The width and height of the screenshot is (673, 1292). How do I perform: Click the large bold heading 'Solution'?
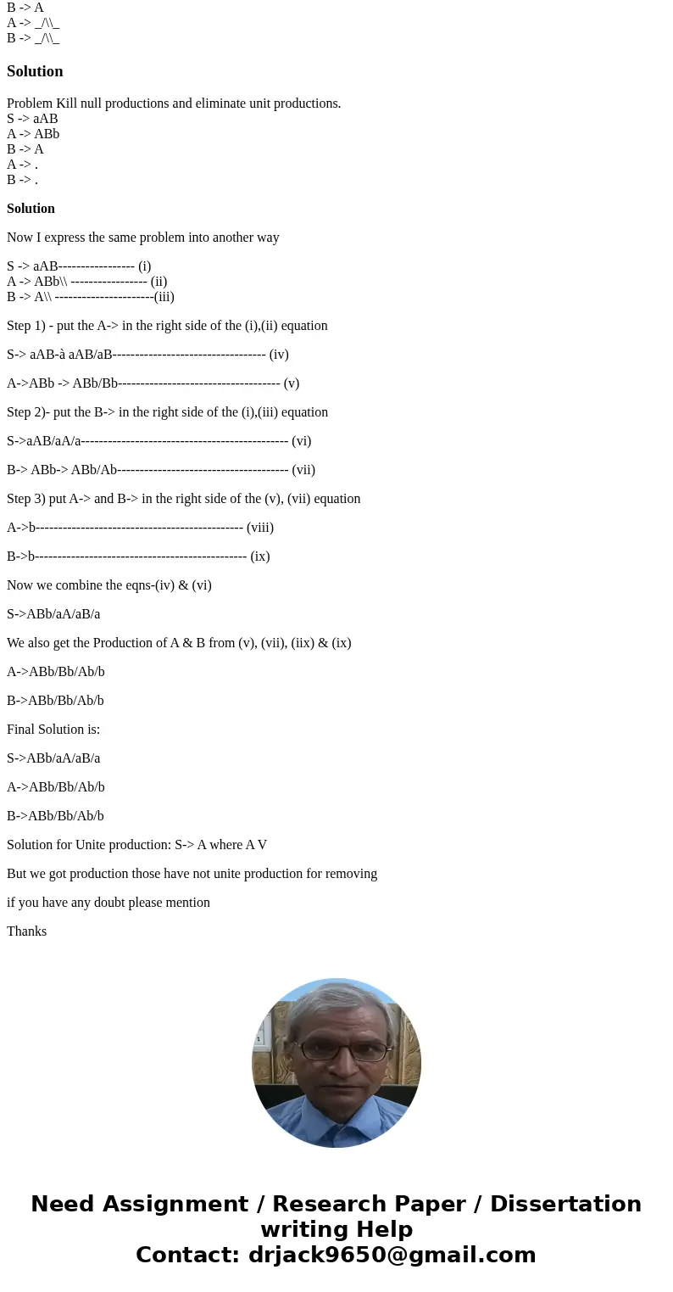coord(35,71)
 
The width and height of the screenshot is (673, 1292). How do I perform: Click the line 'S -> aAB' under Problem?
coord(32,119)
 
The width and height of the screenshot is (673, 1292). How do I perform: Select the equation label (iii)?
coord(164,297)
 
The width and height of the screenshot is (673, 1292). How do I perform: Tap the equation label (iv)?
coord(279,355)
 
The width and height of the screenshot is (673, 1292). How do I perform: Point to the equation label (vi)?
coord(301,441)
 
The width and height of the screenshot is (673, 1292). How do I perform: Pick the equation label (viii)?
coord(259,528)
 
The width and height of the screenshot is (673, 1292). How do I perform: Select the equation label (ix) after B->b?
coord(260,557)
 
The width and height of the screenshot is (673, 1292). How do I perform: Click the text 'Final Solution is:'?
coord(53,730)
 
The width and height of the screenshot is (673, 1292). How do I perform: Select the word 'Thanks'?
coord(26,931)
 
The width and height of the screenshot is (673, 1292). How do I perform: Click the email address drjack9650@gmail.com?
coord(392,1255)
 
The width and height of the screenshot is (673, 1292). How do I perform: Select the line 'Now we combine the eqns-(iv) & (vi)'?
coord(109,585)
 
